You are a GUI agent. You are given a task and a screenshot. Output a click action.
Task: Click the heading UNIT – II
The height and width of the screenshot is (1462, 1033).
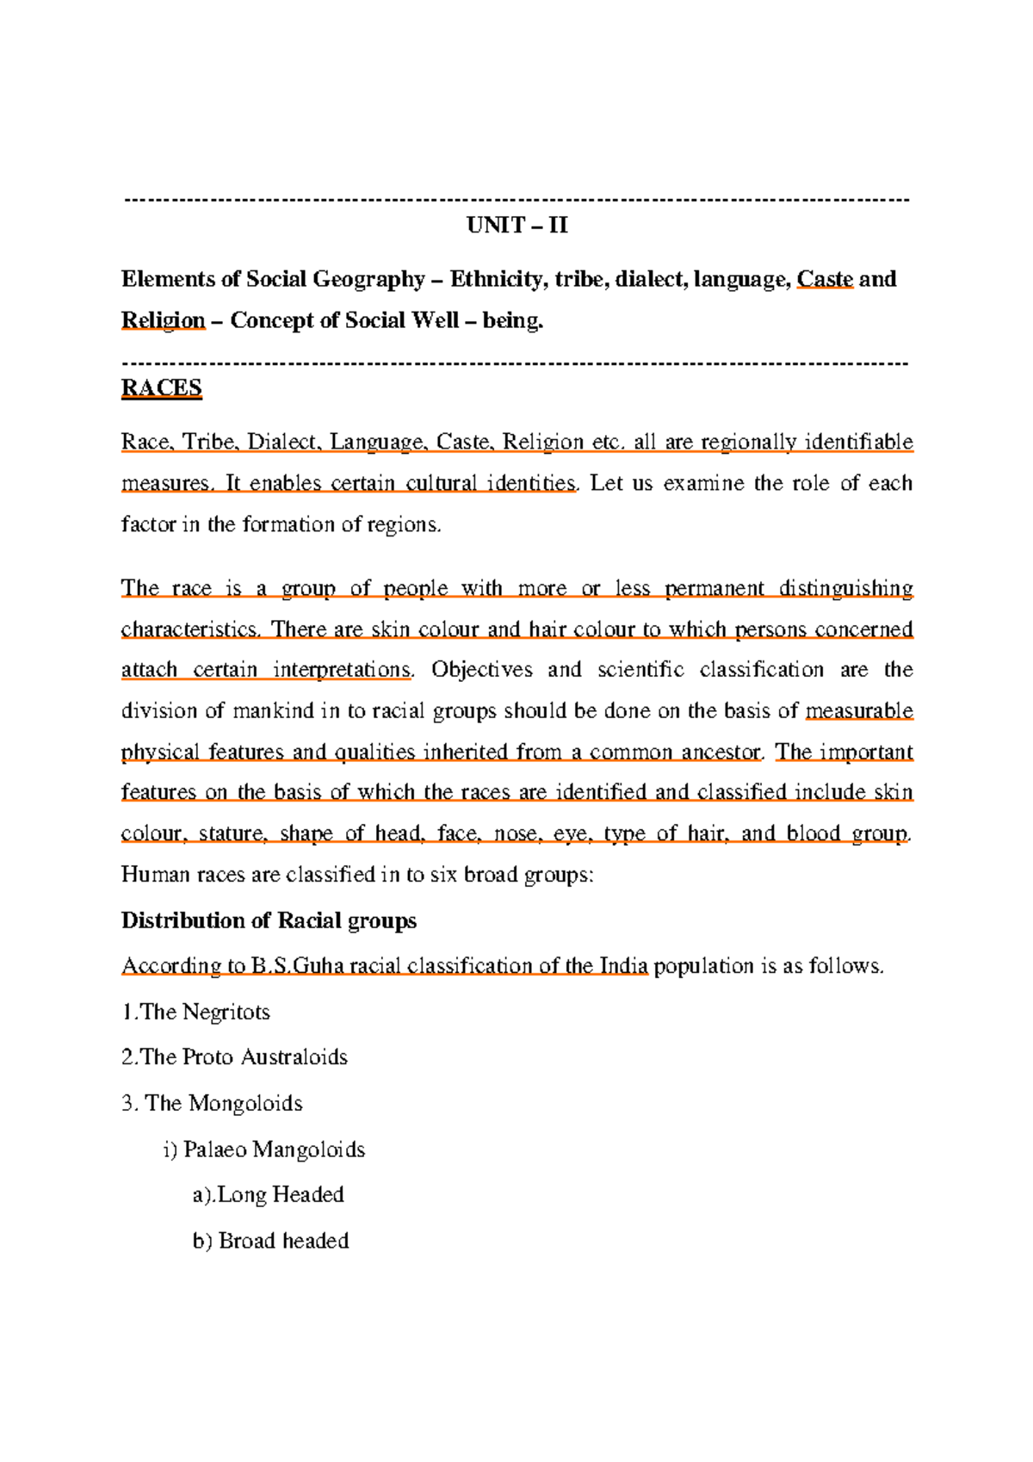coord(516,226)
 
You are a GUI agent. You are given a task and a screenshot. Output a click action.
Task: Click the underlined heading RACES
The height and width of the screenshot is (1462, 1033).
coord(161,388)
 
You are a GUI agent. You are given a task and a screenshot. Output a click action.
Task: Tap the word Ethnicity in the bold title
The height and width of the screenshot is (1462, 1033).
coord(495,279)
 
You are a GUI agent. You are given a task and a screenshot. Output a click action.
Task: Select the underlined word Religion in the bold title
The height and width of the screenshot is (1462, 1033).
coord(163,320)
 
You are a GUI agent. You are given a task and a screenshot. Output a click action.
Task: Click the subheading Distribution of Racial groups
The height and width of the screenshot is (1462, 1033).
coord(269,920)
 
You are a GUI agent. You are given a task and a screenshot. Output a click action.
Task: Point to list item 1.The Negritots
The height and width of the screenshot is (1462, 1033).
coord(195,1012)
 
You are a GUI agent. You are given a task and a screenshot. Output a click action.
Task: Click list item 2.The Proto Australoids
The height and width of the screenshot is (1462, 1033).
coord(234,1057)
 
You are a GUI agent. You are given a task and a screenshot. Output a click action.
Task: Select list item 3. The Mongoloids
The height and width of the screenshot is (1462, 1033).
coord(212,1103)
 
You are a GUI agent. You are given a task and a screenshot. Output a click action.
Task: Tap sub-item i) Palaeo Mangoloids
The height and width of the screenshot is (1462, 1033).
coord(263,1149)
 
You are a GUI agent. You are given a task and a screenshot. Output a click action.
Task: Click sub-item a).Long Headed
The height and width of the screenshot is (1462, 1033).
coord(268,1195)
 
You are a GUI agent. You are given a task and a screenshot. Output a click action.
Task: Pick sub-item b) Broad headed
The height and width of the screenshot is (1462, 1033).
coord(270,1241)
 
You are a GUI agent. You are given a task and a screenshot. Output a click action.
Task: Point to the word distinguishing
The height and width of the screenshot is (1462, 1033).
coord(845,589)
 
